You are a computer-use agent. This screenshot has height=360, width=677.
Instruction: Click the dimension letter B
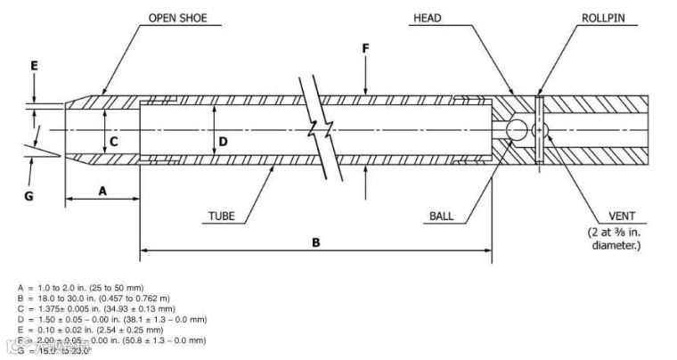pyautogui.click(x=315, y=241)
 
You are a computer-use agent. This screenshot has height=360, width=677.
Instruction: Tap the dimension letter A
pyautogui.click(x=102, y=191)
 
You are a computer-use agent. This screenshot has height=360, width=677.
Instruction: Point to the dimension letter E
pyautogui.click(x=34, y=65)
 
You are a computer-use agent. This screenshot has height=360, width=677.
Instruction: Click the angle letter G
pyautogui.click(x=29, y=195)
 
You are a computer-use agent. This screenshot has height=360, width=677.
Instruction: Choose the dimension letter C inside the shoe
pyautogui.click(x=114, y=141)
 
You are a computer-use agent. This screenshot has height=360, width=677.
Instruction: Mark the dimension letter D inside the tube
pyautogui.click(x=224, y=141)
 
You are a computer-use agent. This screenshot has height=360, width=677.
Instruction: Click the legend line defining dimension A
pyautogui.click(x=80, y=287)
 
